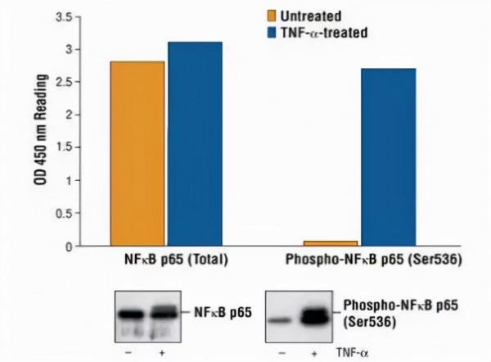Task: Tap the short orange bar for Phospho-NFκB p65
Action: click(x=331, y=243)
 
